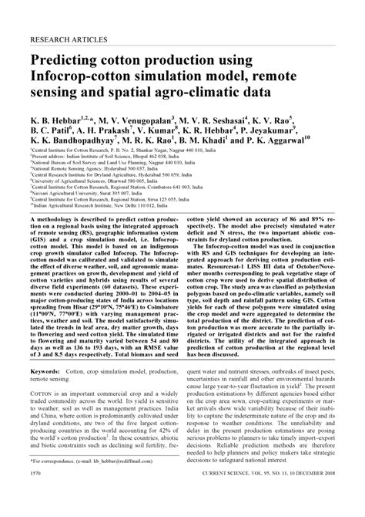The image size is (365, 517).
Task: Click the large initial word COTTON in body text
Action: pos(47,392)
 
